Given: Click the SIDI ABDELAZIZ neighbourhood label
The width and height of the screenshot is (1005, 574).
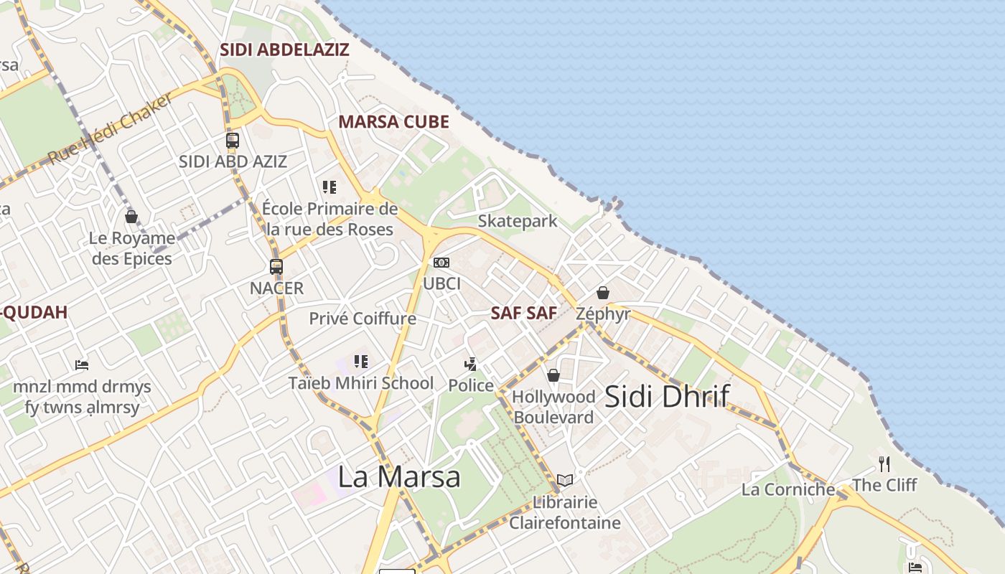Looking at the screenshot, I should [x=284, y=50].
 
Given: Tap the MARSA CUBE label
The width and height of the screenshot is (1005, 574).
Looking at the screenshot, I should [x=393, y=121].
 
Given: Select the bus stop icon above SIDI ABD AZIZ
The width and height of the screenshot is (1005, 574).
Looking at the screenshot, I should [x=233, y=141].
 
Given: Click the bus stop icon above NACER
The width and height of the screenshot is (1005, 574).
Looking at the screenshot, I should [x=276, y=267].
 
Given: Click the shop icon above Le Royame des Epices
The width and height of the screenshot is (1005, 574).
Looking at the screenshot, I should [x=131, y=216].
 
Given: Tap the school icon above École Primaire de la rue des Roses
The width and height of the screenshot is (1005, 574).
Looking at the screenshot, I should [x=329, y=187].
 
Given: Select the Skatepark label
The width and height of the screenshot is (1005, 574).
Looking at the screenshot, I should [x=518, y=221].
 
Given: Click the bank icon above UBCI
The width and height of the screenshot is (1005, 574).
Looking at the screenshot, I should [x=441, y=263].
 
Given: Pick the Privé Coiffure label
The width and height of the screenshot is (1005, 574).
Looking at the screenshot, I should [x=363, y=318].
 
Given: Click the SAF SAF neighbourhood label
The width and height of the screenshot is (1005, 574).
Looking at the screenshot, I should [x=524, y=313].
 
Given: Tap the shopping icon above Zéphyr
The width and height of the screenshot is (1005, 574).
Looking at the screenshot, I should [x=603, y=293].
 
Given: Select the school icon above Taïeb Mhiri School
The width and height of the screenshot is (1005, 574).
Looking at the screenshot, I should [x=361, y=361].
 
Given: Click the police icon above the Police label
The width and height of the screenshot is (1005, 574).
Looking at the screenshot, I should [x=471, y=364].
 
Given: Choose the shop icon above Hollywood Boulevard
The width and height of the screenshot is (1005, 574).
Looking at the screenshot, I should [x=553, y=375].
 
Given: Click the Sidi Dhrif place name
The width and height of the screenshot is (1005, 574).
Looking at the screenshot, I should [x=667, y=396].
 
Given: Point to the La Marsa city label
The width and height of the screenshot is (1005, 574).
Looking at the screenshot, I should [x=399, y=476].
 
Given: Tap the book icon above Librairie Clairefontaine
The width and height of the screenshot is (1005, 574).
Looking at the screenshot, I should [x=565, y=480].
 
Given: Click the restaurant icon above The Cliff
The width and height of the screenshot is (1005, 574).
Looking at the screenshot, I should [x=884, y=464].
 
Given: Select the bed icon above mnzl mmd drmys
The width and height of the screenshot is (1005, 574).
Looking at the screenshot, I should [x=82, y=365].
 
